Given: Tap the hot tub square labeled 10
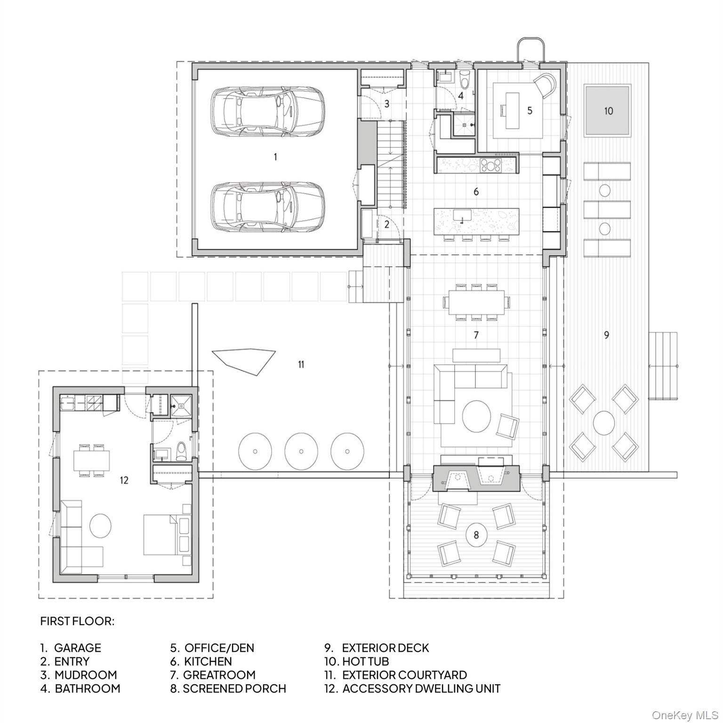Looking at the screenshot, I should [607, 111].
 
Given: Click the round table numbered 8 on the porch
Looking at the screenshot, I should [476, 535].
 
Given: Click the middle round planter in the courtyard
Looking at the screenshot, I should [301, 451].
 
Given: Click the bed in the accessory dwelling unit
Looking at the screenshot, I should [161, 534].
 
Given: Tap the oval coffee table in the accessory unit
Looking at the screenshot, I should [100, 526].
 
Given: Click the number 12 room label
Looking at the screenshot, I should [124, 480].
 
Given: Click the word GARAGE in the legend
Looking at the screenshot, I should [78, 648].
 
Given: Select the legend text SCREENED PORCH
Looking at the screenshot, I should [234, 689].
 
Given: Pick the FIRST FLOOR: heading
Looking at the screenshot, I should [77, 621].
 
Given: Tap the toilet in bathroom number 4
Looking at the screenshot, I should [464, 81].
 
